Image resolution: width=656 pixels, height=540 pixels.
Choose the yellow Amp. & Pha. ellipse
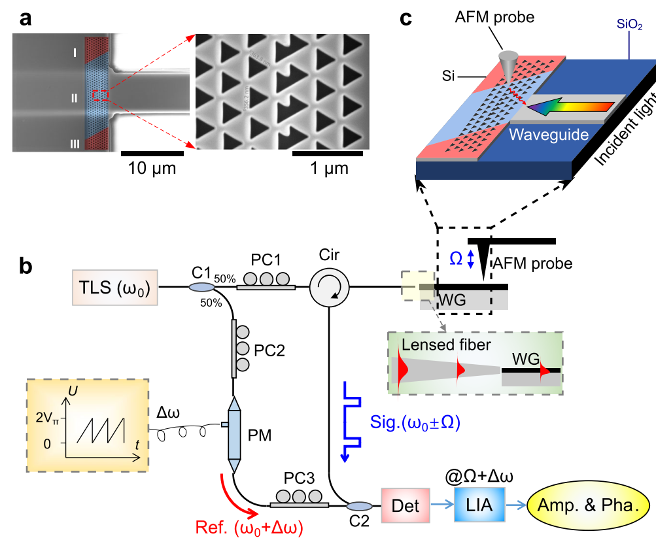pos(589,505)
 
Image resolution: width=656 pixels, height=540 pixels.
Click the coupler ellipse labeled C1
pos(202,287)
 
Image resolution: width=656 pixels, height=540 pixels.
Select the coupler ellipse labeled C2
pos(359,506)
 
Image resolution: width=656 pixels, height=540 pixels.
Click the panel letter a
pos(26,18)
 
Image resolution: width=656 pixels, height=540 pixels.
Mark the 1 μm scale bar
pos(328,155)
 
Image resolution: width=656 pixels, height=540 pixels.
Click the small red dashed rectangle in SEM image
pos(100,95)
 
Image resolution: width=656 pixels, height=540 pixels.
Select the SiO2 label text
pos(630,25)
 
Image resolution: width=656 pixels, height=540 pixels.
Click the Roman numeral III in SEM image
pos(77,144)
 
